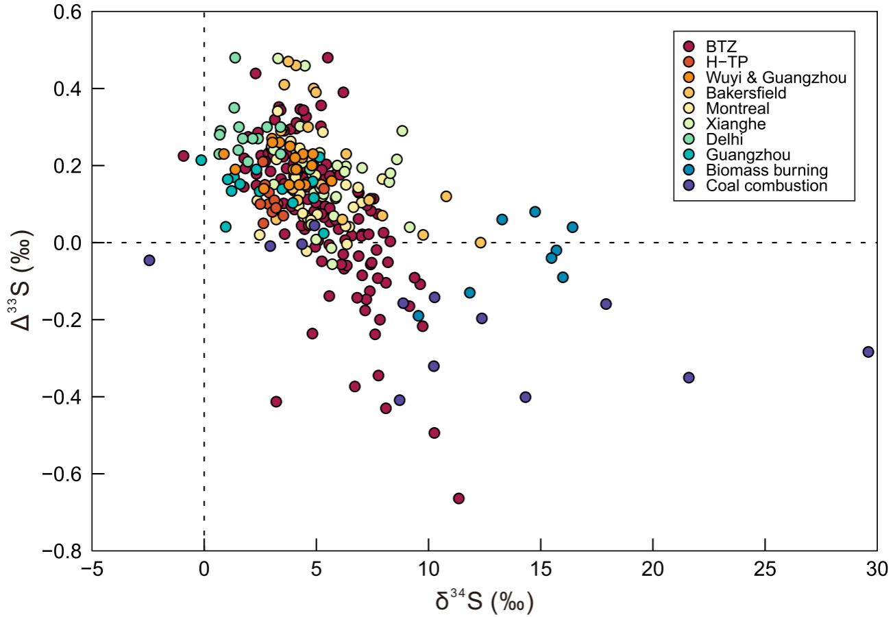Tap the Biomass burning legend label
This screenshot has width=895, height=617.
pos(768,170)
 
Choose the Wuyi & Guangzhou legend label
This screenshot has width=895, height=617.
pos(776,77)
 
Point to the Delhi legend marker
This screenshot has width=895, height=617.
pos(689,139)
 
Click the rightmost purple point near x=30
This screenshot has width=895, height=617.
pos(868,352)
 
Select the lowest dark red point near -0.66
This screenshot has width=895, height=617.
pos(459,498)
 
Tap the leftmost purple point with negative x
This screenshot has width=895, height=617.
pos(149,260)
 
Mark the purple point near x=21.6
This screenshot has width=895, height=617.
pos(689,378)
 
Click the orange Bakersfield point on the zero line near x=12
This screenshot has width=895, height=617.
pos(480,243)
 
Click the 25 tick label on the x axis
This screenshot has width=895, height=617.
pos(765,568)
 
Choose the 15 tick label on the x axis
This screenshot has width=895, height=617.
pos(541,568)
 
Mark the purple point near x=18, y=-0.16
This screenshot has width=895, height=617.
pos(606,304)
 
